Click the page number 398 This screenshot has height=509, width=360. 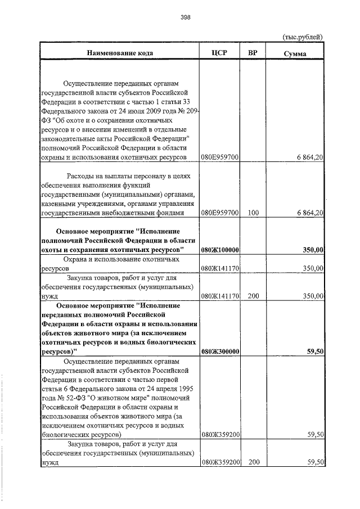[186, 17]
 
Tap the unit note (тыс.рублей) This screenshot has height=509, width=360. [302, 37]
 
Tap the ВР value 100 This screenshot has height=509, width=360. [253, 214]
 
